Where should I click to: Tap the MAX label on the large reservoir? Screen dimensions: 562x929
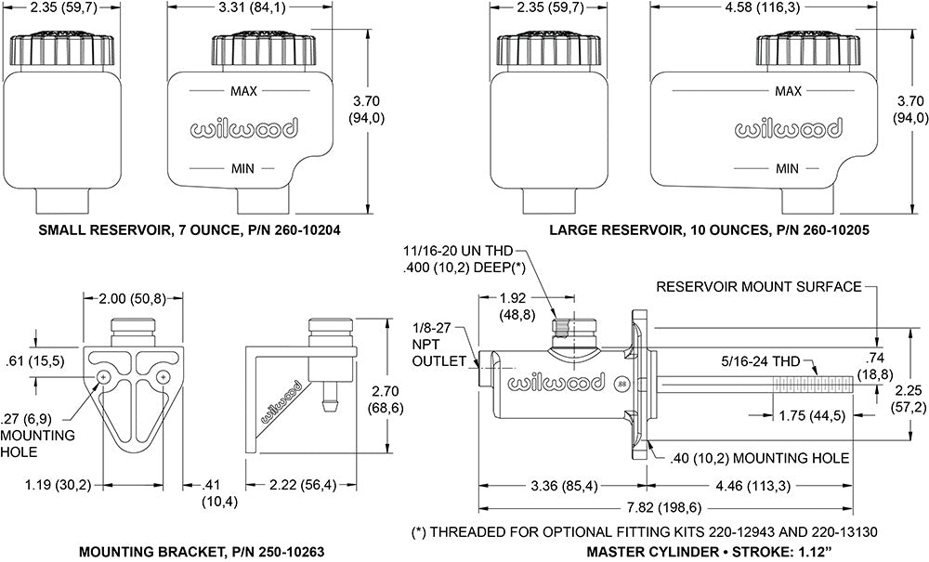tap(788, 91)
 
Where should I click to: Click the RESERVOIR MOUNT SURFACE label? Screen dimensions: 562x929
tap(759, 286)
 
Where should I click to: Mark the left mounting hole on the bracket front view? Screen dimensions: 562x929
tap(103, 376)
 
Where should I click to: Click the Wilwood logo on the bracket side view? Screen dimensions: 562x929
tap(281, 400)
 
